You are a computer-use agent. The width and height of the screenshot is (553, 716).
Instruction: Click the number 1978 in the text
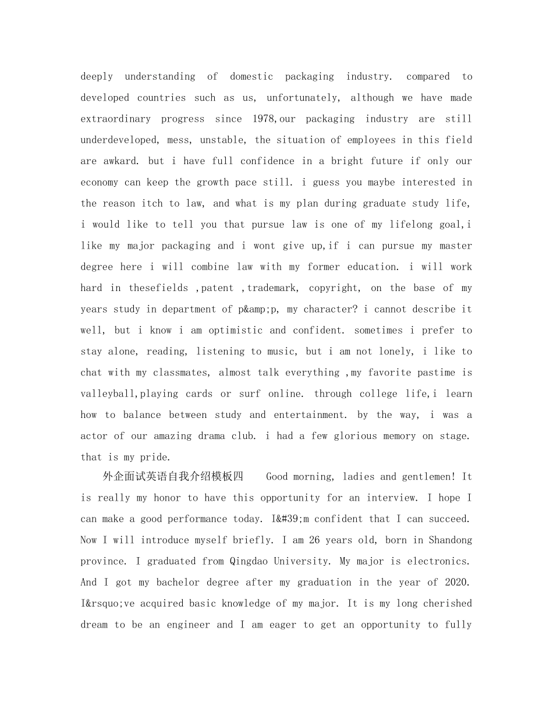coord(265,119)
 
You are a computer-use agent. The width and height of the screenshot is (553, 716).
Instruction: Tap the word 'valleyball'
coord(108,394)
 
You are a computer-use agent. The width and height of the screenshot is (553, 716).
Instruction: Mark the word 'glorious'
coord(355,436)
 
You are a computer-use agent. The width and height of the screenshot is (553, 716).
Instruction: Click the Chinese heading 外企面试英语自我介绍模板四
coord(173,477)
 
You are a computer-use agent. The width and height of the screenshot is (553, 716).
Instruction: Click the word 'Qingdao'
coord(250,561)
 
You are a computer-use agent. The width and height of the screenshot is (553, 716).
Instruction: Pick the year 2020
coord(458,582)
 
